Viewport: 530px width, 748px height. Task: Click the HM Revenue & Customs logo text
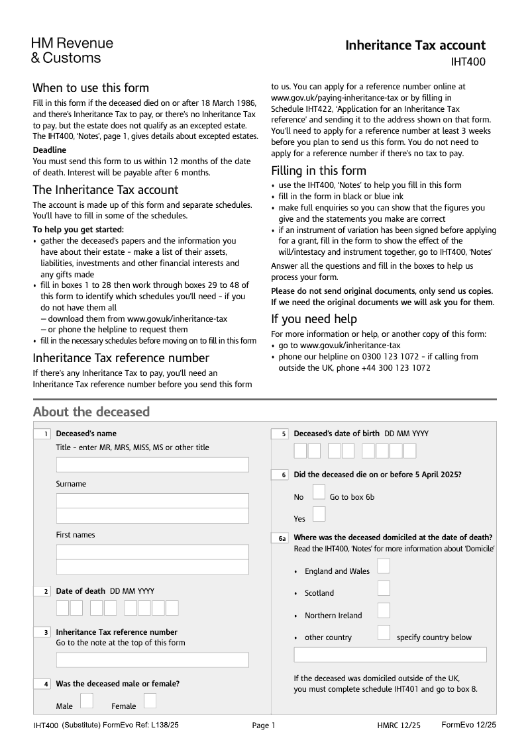(x=72, y=50)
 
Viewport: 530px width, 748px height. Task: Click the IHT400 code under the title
(x=468, y=62)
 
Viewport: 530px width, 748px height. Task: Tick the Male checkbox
(x=87, y=701)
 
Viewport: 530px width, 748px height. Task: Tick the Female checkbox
(x=150, y=701)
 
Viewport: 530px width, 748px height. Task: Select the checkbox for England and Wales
(x=384, y=566)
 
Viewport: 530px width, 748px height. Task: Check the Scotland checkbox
(x=384, y=588)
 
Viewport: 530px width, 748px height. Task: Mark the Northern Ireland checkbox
(x=384, y=610)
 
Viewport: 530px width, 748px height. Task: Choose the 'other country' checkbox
(x=384, y=632)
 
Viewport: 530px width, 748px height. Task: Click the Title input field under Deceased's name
(x=152, y=465)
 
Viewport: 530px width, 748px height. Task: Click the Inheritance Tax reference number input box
(x=152, y=660)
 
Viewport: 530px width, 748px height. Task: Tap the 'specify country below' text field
(x=390, y=655)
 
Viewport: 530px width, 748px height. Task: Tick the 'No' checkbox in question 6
(x=319, y=492)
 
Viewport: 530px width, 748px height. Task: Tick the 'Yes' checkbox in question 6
(x=319, y=514)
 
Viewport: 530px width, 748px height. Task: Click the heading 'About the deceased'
(x=91, y=412)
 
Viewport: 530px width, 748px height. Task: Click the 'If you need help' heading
(x=314, y=319)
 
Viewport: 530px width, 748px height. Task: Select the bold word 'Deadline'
(x=50, y=150)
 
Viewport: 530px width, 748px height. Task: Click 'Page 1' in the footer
(x=263, y=726)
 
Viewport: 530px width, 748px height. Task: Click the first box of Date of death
(x=62, y=608)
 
